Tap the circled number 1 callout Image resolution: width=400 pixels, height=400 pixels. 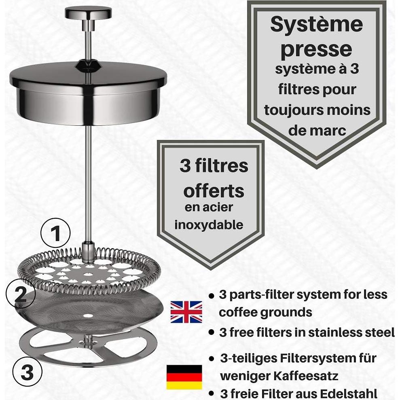point(55,233)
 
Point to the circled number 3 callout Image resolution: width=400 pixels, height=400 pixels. point(28,372)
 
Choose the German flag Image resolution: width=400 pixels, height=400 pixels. point(184,377)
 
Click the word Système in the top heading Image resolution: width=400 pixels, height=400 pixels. point(316,25)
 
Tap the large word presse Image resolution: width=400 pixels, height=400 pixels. point(316,49)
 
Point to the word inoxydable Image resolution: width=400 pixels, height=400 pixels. point(209,225)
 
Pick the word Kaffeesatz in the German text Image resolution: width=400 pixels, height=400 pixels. point(307,376)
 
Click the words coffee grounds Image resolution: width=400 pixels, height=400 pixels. point(265,312)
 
